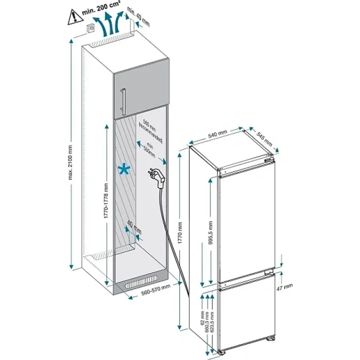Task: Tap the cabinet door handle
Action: (123, 100)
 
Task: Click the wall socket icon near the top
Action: (91, 28)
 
